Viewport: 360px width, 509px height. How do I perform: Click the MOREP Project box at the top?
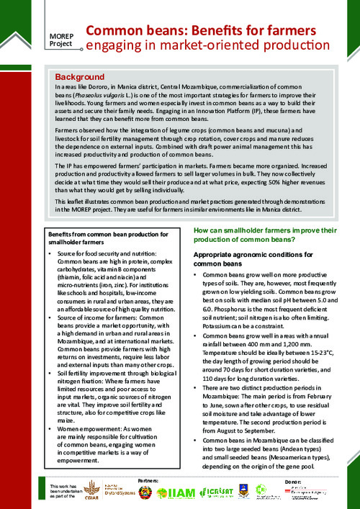[x=62, y=39]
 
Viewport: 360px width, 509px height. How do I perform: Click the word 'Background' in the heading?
[x=80, y=76]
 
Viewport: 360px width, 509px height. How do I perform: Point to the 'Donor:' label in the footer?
[x=293, y=479]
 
